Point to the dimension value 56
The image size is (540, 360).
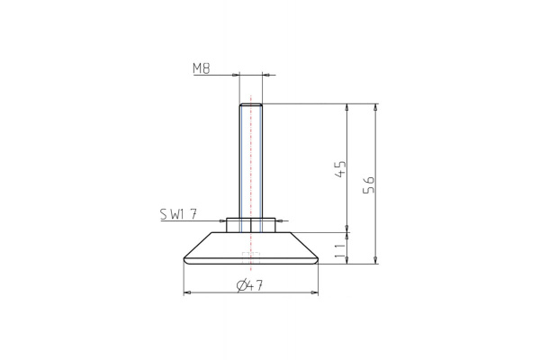369,184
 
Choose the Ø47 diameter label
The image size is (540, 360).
249,285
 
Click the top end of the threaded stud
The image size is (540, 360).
251,105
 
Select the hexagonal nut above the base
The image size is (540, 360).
251,224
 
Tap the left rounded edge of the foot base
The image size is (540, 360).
185,260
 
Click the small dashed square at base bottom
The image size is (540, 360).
251,260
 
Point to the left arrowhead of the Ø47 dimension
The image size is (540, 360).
186,292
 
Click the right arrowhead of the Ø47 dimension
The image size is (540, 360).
316,292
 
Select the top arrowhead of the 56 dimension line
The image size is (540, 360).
375,107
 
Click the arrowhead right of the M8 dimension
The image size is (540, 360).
266,76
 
